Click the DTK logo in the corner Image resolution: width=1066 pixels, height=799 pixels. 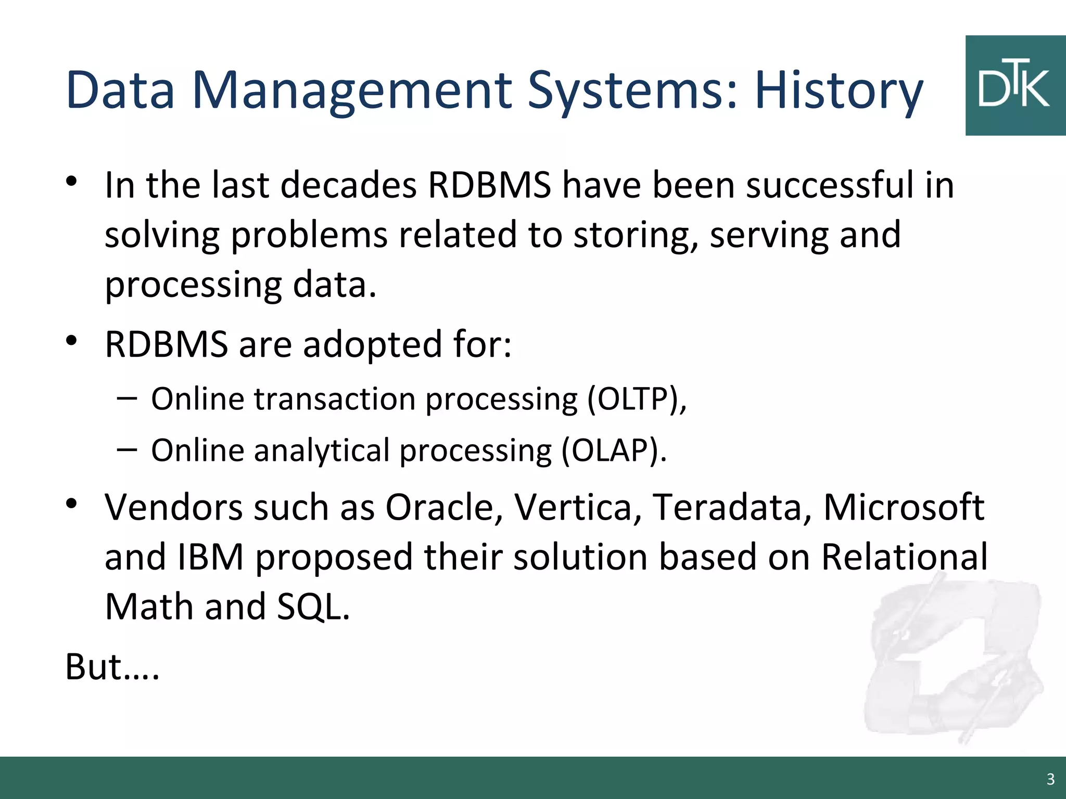[x=1014, y=86]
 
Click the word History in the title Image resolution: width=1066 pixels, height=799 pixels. [x=838, y=91]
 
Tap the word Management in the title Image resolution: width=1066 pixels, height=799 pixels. [x=354, y=91]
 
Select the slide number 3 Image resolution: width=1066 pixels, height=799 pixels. [x=1050, y=779]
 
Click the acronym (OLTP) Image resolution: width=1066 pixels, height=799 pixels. [x=637, y=399]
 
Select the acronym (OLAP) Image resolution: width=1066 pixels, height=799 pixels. [x=614, y=450]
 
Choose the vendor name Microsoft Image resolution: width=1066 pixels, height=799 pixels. [x=904, y=507]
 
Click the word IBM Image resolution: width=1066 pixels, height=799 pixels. [x=211, y=557]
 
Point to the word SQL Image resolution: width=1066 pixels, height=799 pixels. [x=313, y=607]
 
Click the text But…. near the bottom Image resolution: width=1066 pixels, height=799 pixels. [x=112, y=667]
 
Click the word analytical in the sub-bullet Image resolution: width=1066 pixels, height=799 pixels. [x=322, y=450]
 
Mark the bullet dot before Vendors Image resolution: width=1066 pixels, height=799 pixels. [x=72, y=504]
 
